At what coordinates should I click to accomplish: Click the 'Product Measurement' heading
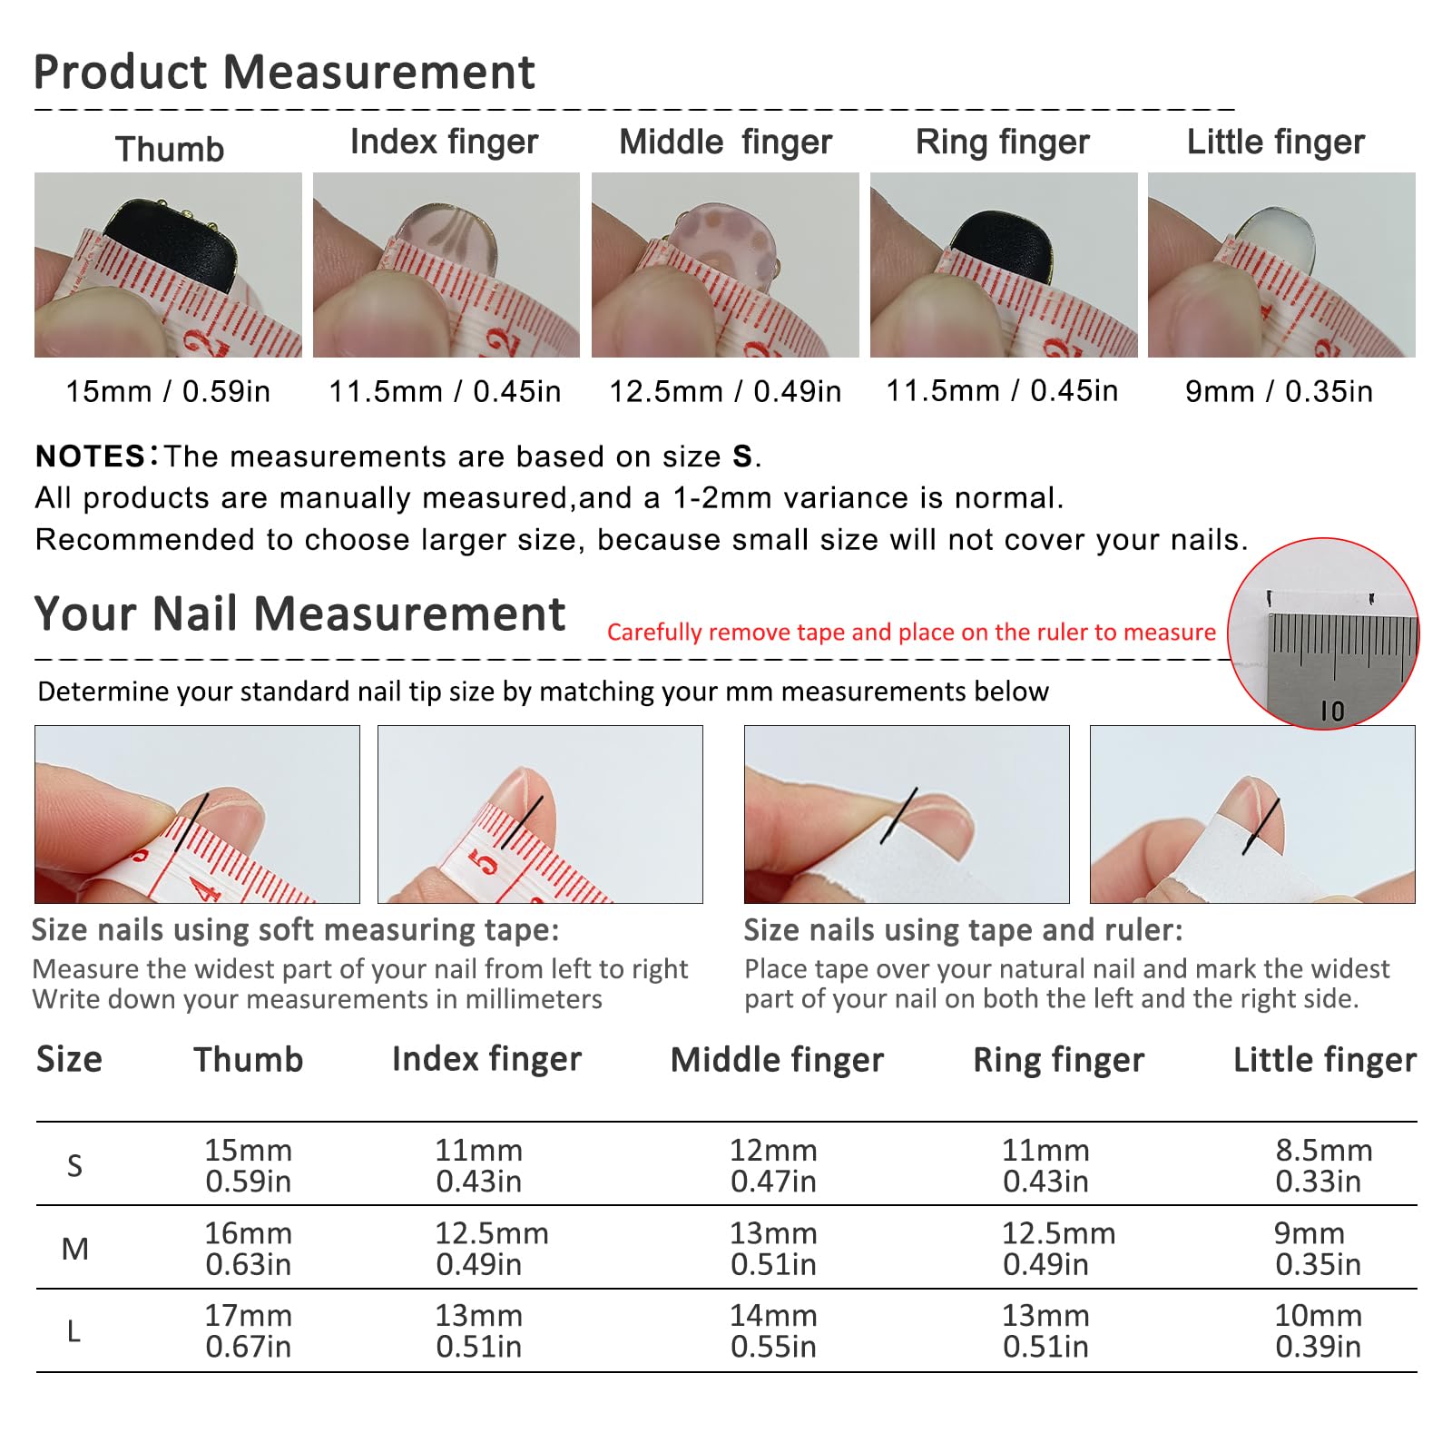tap(284, 72)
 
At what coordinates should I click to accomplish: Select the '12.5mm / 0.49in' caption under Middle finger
tap(725, 391)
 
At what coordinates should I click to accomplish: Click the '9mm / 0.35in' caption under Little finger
tap(1279, 391)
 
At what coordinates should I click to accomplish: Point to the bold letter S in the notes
tap(742, 456)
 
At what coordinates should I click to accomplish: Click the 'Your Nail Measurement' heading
tap(299, 613)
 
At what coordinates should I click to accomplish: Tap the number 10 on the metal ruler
tap(1332, 711)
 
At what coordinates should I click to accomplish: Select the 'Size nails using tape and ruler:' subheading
tap(964, 930)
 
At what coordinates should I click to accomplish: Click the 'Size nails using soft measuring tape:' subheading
tap(296, 930)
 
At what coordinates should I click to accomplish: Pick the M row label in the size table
tap(75, 1249)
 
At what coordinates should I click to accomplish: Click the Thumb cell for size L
tap(249, 1330)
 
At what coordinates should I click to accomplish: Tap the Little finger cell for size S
tap(1323, 1165)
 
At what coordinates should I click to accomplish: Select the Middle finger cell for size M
tap(773, 1249)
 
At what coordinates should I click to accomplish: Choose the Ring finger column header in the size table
tap(1059, 1060)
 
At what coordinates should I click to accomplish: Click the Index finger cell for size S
tap(479, 1165)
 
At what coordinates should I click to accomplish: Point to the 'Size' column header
tap(70, 1059)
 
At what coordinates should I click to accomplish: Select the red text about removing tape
tap(911, 632)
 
